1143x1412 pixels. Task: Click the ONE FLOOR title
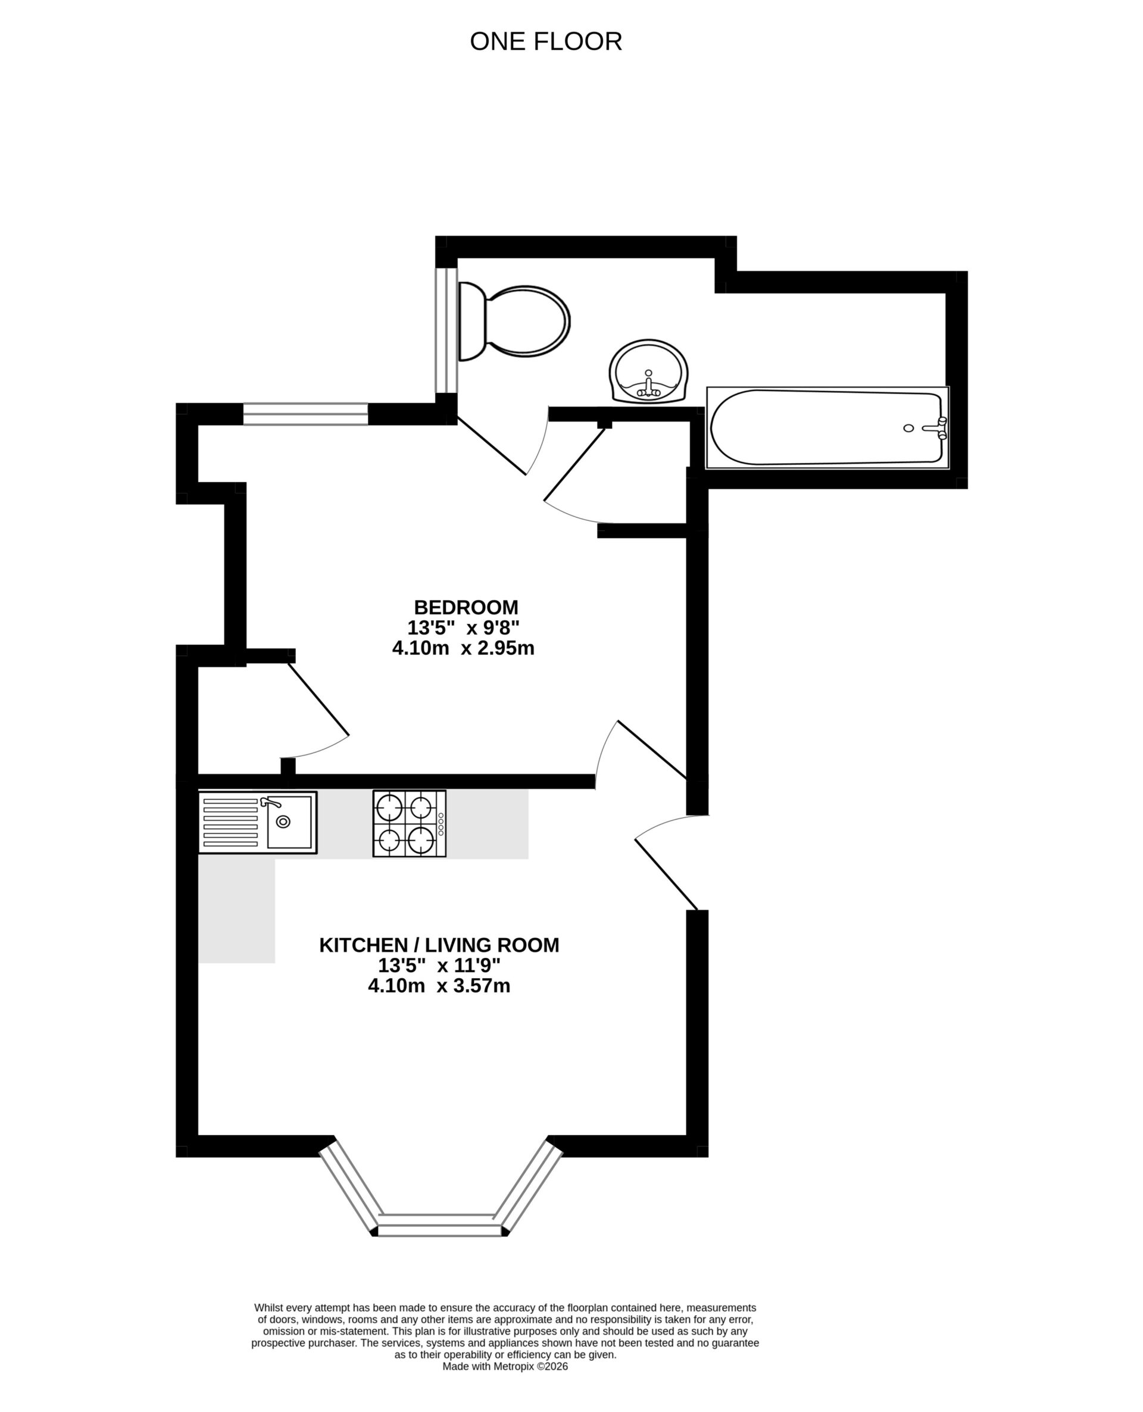click(545, 42)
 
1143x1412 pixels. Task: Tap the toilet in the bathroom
click(520, 322)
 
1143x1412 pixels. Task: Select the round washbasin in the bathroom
click(648, 371)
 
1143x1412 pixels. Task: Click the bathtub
click(826, 428)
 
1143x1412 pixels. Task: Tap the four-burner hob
click(409, 823)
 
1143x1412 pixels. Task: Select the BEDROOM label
click(466, 607)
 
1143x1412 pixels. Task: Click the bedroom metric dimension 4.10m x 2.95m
click(463, 648)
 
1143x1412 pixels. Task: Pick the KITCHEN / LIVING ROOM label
click(439, 945)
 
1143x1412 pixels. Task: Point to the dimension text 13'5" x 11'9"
click(439, 966)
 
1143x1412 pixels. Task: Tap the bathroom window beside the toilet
click(446, 330)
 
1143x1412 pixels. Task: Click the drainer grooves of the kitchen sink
click(230, 822)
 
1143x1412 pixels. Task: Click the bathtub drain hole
click(908, 428)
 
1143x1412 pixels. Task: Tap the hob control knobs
click(441, 824)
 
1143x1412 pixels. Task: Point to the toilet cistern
click(470, 322)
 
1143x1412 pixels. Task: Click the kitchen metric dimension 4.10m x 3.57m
click(439, 986)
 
